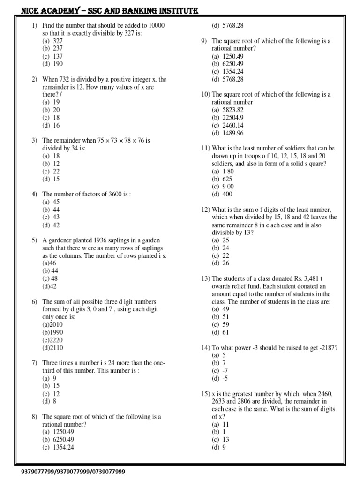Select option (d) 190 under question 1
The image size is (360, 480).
pos(52,64)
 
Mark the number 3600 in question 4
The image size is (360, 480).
pos(118,194)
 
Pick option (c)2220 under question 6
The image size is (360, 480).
pos(52,340)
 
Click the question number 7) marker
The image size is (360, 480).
pos(34,363)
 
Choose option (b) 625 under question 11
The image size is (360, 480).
pos(223,179)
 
